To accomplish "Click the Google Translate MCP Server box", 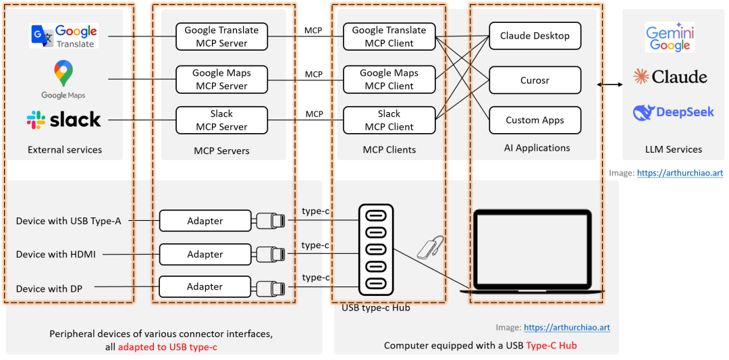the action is (222, 36).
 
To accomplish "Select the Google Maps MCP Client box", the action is (389, 80).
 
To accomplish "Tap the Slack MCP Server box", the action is (222, 120).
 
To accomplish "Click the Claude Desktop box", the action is (535, 36).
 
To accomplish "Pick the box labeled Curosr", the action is (535, 80).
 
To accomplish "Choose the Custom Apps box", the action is (535, 120).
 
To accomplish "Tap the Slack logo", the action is (63, 120).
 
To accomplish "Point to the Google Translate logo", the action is (64, 36).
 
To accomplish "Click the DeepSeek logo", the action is (673, 112).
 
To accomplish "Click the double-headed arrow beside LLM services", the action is (610, 84).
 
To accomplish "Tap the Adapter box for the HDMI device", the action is (205, 255).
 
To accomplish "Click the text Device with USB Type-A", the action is (68, 221).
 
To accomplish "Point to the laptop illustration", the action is (532, 252).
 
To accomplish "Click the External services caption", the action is (65, 150).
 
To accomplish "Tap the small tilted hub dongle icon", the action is (429, 247).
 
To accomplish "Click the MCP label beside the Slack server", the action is (315, 114).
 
